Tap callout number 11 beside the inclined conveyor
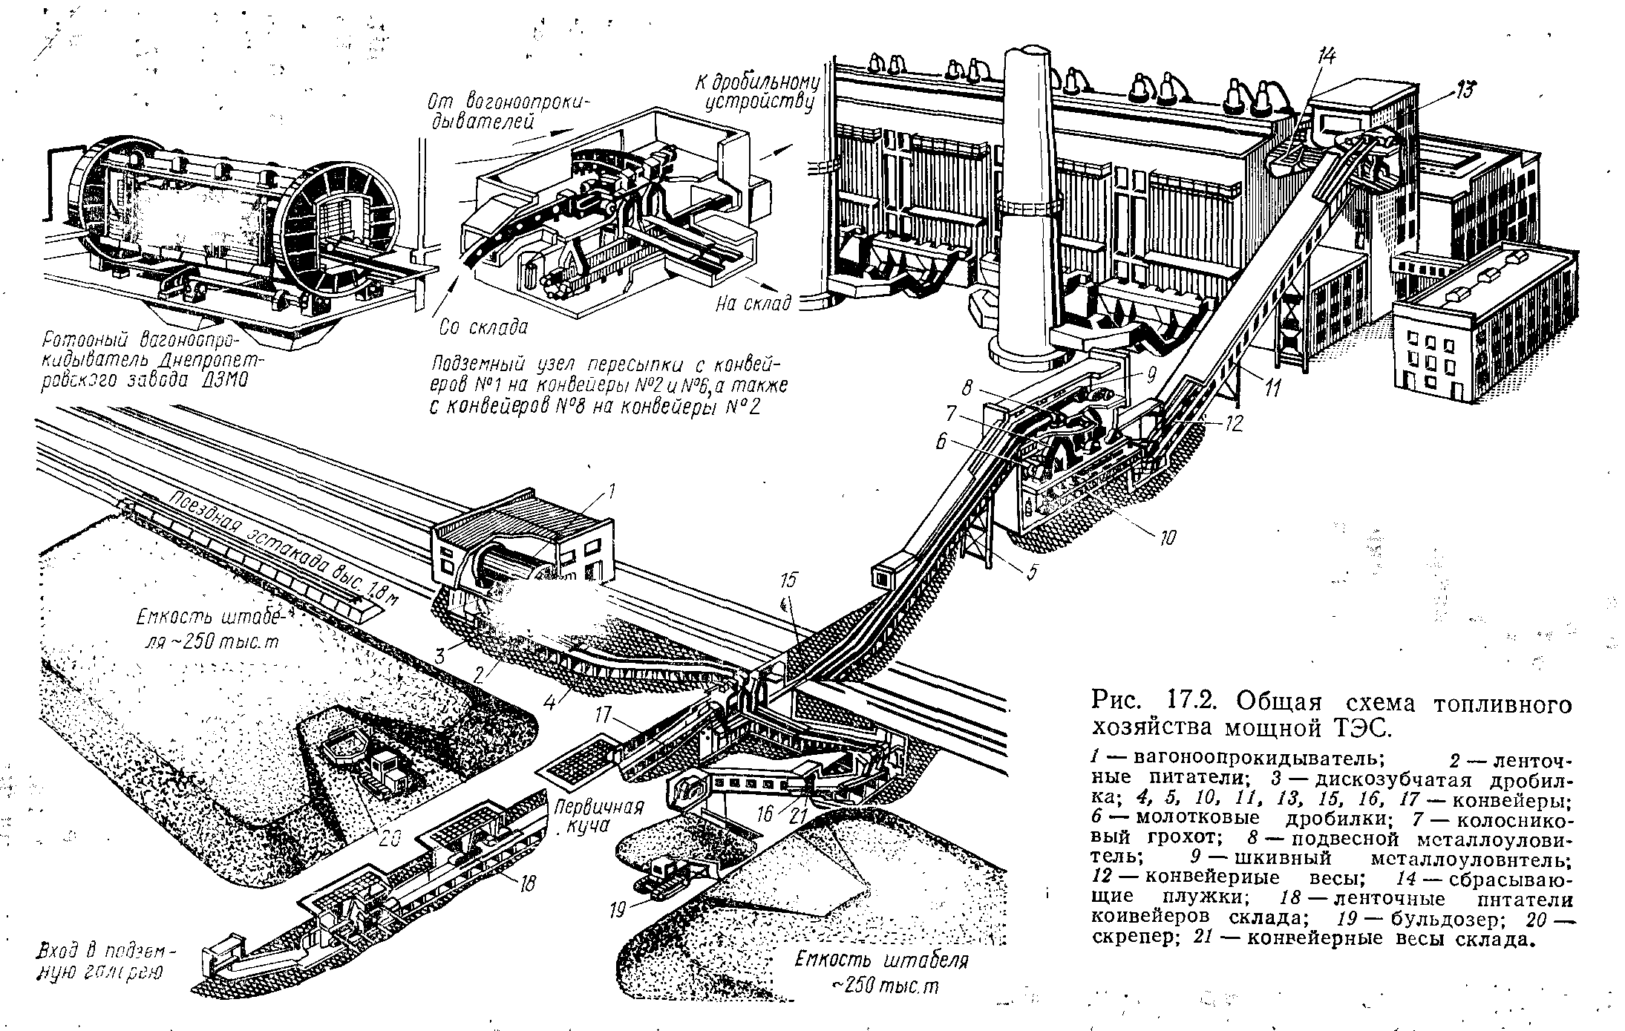pos(1272,387)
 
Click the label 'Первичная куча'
pos(596,816)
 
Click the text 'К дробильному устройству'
pos(756,92)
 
